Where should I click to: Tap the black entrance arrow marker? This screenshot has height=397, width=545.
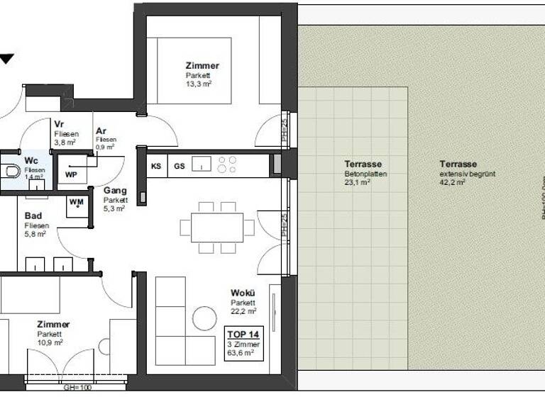point(6,60)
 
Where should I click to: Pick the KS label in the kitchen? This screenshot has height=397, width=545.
point(156,166)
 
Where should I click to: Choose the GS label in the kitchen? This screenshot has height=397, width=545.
point(180,166)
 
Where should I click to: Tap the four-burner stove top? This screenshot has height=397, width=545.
point(228,165)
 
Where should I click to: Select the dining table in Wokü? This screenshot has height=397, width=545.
point(217,227)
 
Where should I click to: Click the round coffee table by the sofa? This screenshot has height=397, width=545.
point(204,318)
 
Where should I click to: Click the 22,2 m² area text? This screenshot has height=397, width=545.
point(243,311)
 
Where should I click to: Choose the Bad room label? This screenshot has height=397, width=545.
point(33,216)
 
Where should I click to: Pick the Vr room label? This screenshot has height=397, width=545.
point(59,124)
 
